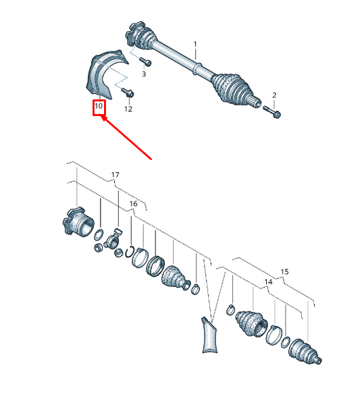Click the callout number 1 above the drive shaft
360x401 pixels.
(x=195, y=45)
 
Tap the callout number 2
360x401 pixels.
(x=274, y=95)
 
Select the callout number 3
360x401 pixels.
(x=144, y=74)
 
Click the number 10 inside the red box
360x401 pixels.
(x=99, y=105)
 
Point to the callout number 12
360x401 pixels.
(x=128, y=109)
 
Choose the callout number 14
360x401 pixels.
(x=268, y=282)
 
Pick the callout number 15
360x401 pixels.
(x=284, y=271)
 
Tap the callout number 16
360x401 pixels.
(x=133, y=204)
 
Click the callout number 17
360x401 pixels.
(x=115, y=175)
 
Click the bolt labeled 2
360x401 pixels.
(x=272, y=112)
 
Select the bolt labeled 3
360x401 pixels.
(x=145, y=61)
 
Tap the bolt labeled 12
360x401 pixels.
(x=128, y=92)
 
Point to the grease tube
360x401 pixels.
(x=210, y=336)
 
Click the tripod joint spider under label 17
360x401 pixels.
(x=113, y=241)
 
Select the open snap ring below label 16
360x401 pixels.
(x=130, y=252)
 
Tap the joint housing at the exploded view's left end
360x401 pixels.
(x=78, y=221)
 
